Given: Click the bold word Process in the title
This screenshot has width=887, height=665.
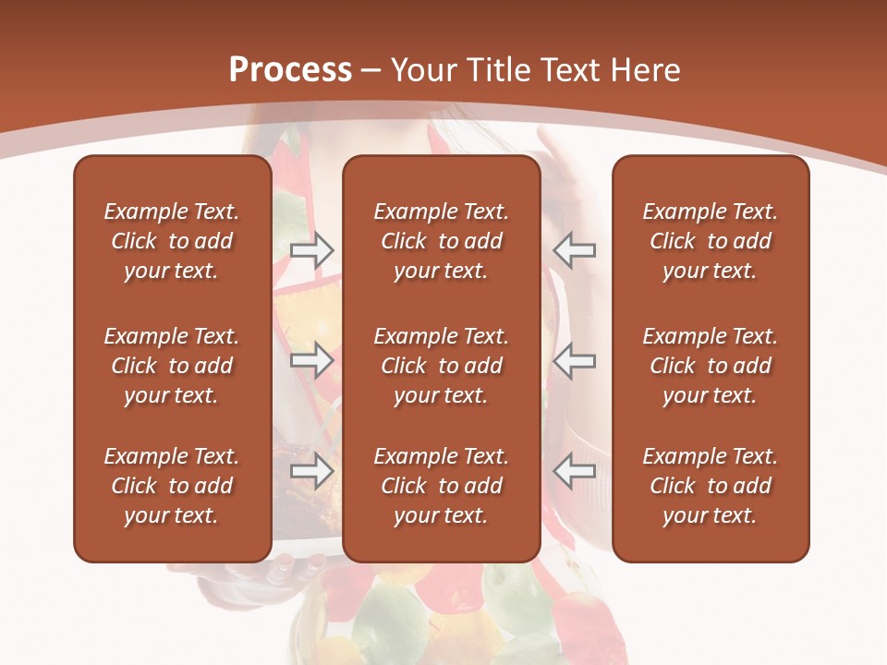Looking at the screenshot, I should (x=290, y=70).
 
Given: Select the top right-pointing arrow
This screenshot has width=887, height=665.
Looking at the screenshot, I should (x=312, y=249).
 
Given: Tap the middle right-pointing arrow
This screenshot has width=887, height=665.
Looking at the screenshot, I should (x=312, y=359).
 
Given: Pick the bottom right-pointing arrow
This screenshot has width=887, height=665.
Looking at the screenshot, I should (x=312, y=471).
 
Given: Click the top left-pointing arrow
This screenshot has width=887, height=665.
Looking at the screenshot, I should (x=575, y=249).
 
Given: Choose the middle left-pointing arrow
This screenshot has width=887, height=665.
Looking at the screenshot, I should (x=575, y=359).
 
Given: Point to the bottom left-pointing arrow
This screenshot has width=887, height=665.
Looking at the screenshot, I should (x=575, y=471).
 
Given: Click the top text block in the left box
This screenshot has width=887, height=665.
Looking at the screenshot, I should (x=172, y=241).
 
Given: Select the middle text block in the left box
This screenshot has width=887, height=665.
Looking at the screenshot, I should (x=172, y=366).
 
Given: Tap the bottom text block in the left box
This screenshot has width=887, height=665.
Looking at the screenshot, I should (x=172, y=486).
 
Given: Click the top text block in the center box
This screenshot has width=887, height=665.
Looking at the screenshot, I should (x=442, y=241).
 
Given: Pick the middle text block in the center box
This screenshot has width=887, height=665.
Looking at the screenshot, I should (x=442, y=366).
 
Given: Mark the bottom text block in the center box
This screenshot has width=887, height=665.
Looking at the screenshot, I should (x=442, y=486).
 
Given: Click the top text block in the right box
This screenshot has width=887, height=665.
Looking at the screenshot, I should (x=711, y=241).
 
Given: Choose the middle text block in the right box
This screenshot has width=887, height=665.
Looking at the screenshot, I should (x=711, y=366).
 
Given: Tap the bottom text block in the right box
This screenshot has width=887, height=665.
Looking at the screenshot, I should (x=711, y=486).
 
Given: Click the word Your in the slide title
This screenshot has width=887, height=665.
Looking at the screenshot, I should (x=422, y=70).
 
